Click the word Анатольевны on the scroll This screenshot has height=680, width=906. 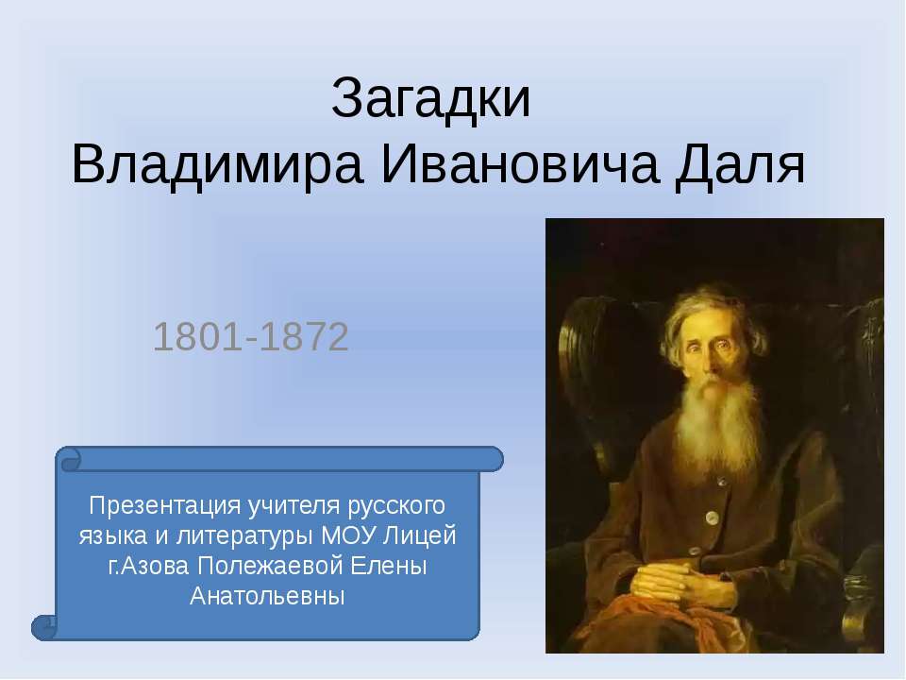(268, 597)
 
